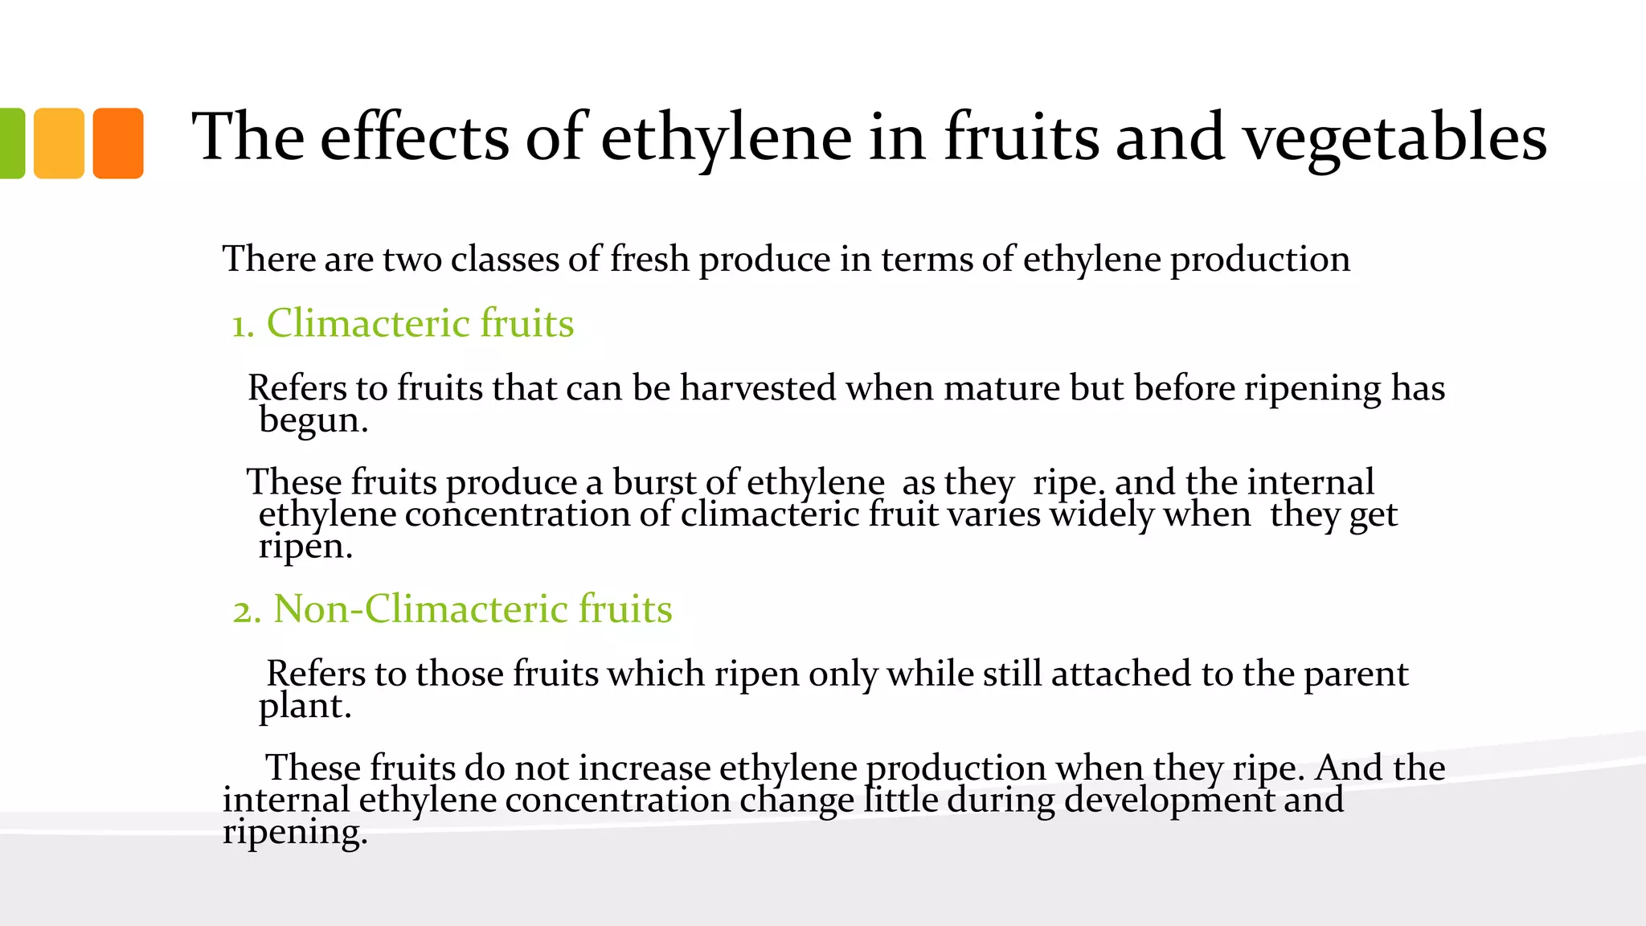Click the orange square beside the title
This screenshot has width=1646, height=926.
click(118, 143)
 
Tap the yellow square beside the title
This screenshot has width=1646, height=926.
click(59, 143)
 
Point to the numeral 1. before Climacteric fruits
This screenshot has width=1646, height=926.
click(243, 325)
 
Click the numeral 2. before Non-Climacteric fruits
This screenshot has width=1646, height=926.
click(247, 610)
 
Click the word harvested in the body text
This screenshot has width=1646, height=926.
click(758, 388)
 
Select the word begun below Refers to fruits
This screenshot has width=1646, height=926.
click(313, 420)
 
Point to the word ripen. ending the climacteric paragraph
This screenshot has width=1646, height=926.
click(305, 547)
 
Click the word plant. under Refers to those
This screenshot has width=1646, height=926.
click(305, 706)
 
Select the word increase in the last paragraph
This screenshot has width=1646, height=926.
click(645, 768)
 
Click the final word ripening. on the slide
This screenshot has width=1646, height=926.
click(295, 832)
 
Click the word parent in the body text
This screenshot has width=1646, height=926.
click(1356, 674)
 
